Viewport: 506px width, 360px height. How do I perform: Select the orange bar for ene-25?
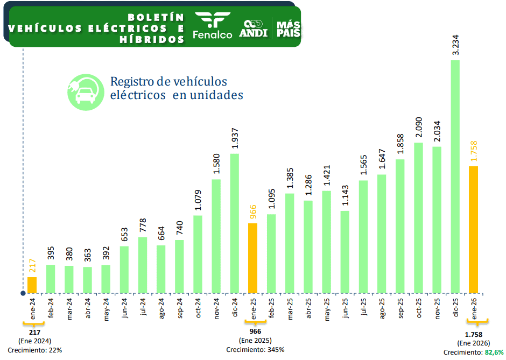click(x=252, y=258)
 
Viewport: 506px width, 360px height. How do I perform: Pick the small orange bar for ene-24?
click(x=32, y=285)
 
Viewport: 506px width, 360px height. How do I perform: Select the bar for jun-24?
click(x=124, y=270)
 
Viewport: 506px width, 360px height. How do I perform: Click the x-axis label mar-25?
click(x=290, y=310)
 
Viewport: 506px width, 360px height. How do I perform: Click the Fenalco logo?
click(x=212, y=26)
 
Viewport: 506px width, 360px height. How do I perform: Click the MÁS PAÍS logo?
click(x=288, y=27)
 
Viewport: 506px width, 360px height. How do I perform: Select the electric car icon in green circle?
click(x=85, y=92)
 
